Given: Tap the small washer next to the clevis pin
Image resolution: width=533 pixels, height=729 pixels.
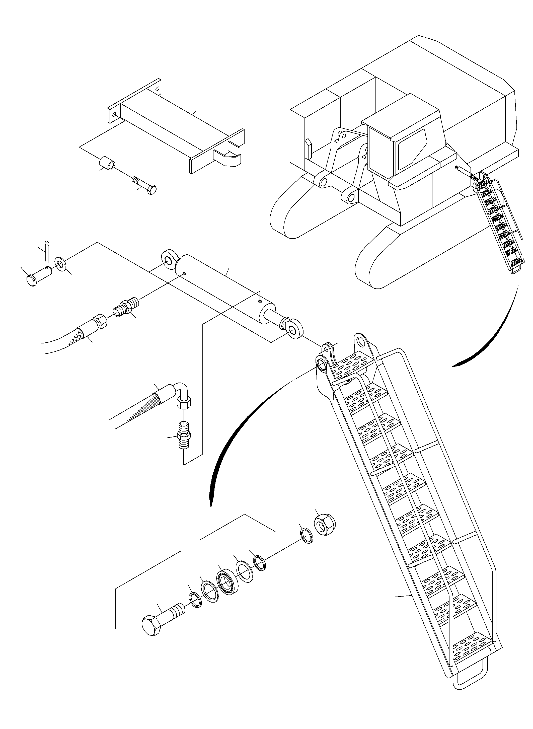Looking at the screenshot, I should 60,263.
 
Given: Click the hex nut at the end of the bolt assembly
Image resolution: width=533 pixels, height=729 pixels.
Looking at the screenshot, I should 325,525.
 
